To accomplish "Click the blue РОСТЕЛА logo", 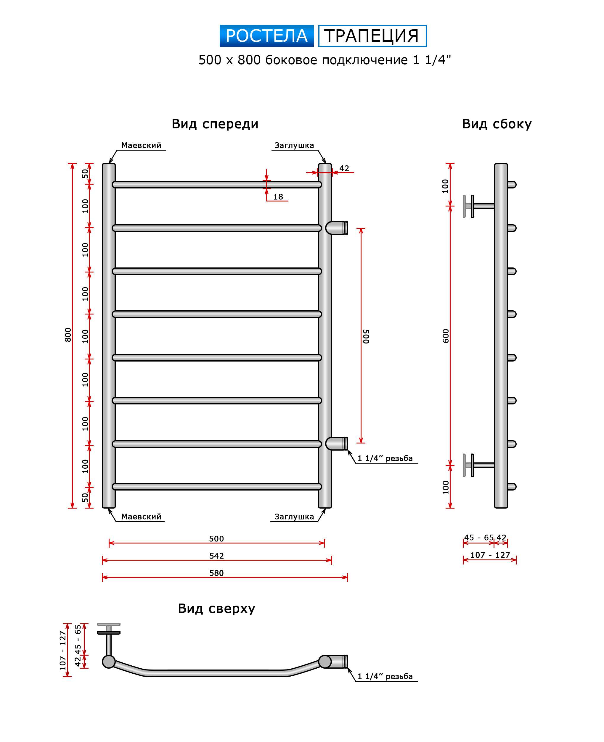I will click(266, 36).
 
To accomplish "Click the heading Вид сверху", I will click(216, 609).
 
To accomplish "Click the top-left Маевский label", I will click(141, 145).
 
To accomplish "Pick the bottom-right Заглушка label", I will click(294, 517).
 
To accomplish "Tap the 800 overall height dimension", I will click(68, 335).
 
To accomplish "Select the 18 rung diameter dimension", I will click(278, 197).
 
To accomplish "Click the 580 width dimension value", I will click(216, 573).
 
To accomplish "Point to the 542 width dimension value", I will click(216, 556).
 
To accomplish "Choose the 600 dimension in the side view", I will click(446, 336).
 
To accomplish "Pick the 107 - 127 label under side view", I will click(490, 555).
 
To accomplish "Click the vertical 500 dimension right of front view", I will click(366, 336).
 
